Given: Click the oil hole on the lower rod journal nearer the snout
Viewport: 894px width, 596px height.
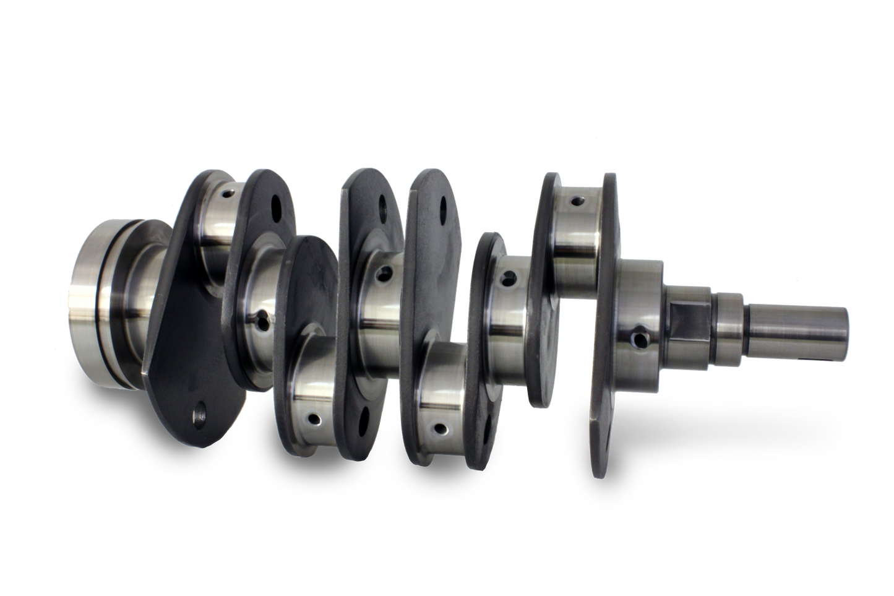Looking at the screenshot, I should [x=441, y=427].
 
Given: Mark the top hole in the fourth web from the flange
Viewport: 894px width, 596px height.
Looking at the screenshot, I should [x=443, y=205].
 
